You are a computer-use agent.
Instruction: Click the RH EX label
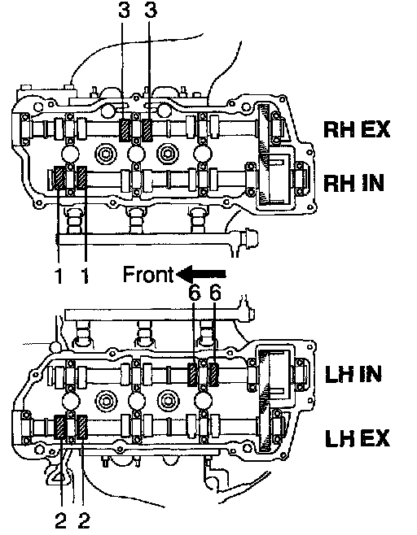click(357, 129)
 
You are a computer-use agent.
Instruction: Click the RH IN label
click(353, 183)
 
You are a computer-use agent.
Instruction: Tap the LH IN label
click(353, 374)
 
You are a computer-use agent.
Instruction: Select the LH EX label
click(358, 437)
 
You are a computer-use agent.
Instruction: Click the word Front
click(148, 274)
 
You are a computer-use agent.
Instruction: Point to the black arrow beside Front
click(200, 274)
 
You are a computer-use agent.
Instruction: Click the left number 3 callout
click(124, 10)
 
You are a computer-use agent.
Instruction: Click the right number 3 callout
click(151, 10)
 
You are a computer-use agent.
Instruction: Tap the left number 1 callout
click(59, 275)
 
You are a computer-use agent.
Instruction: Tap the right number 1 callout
click(84, 275)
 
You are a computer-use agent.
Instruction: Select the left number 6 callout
click(195, 293)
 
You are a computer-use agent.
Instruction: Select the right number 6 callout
click(215, 293)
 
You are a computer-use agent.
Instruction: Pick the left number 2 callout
click(60, 520)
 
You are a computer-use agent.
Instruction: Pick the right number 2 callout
click(84, 520)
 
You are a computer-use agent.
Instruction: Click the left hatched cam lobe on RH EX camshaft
click(125, 130)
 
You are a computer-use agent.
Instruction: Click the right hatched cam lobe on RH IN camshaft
click(82, 177)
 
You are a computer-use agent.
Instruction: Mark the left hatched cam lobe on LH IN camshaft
click(193, 375)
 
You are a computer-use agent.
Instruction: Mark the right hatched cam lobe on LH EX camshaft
click(82, 427)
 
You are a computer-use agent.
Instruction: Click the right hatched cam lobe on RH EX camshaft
click(147, 130)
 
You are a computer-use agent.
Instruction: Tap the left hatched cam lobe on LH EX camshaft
click(60, 427)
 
